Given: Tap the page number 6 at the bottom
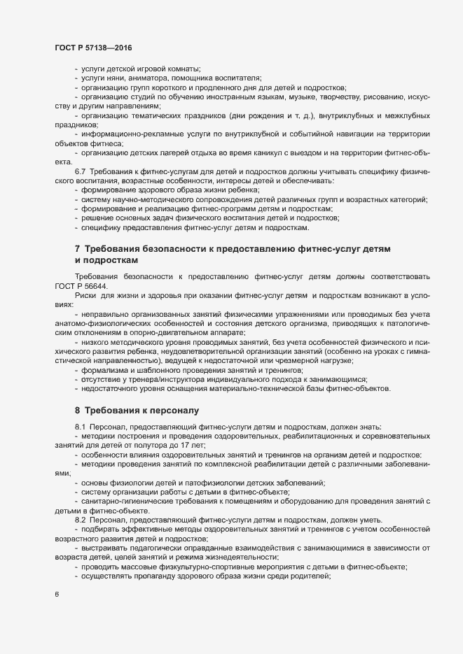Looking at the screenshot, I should pyautogui.click(x=57, y=595).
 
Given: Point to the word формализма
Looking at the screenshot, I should pyautogui.click(x=106, y=370).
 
